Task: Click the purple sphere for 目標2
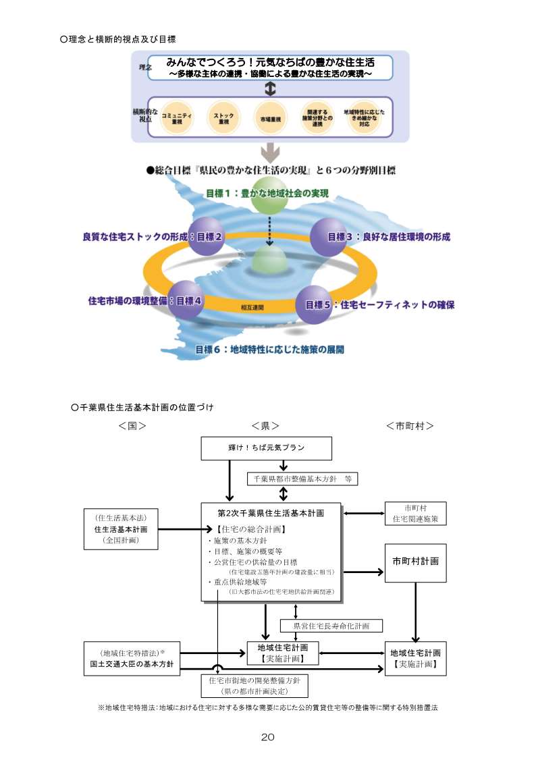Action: click(206, 237)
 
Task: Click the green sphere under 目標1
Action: click(269, 194)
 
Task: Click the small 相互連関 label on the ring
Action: click(252, 307)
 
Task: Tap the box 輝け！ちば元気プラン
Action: click(266, 448)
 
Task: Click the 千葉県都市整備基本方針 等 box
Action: click(302, 479)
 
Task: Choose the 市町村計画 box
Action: click(415, 562)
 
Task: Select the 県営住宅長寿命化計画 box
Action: click(331, 626)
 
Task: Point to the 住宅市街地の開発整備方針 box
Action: click(254, 685)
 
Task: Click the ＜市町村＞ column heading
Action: click(409, 426)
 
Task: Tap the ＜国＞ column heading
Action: click(132, 426)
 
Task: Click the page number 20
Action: click(267, 737)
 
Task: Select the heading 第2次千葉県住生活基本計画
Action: click(271, 513)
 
